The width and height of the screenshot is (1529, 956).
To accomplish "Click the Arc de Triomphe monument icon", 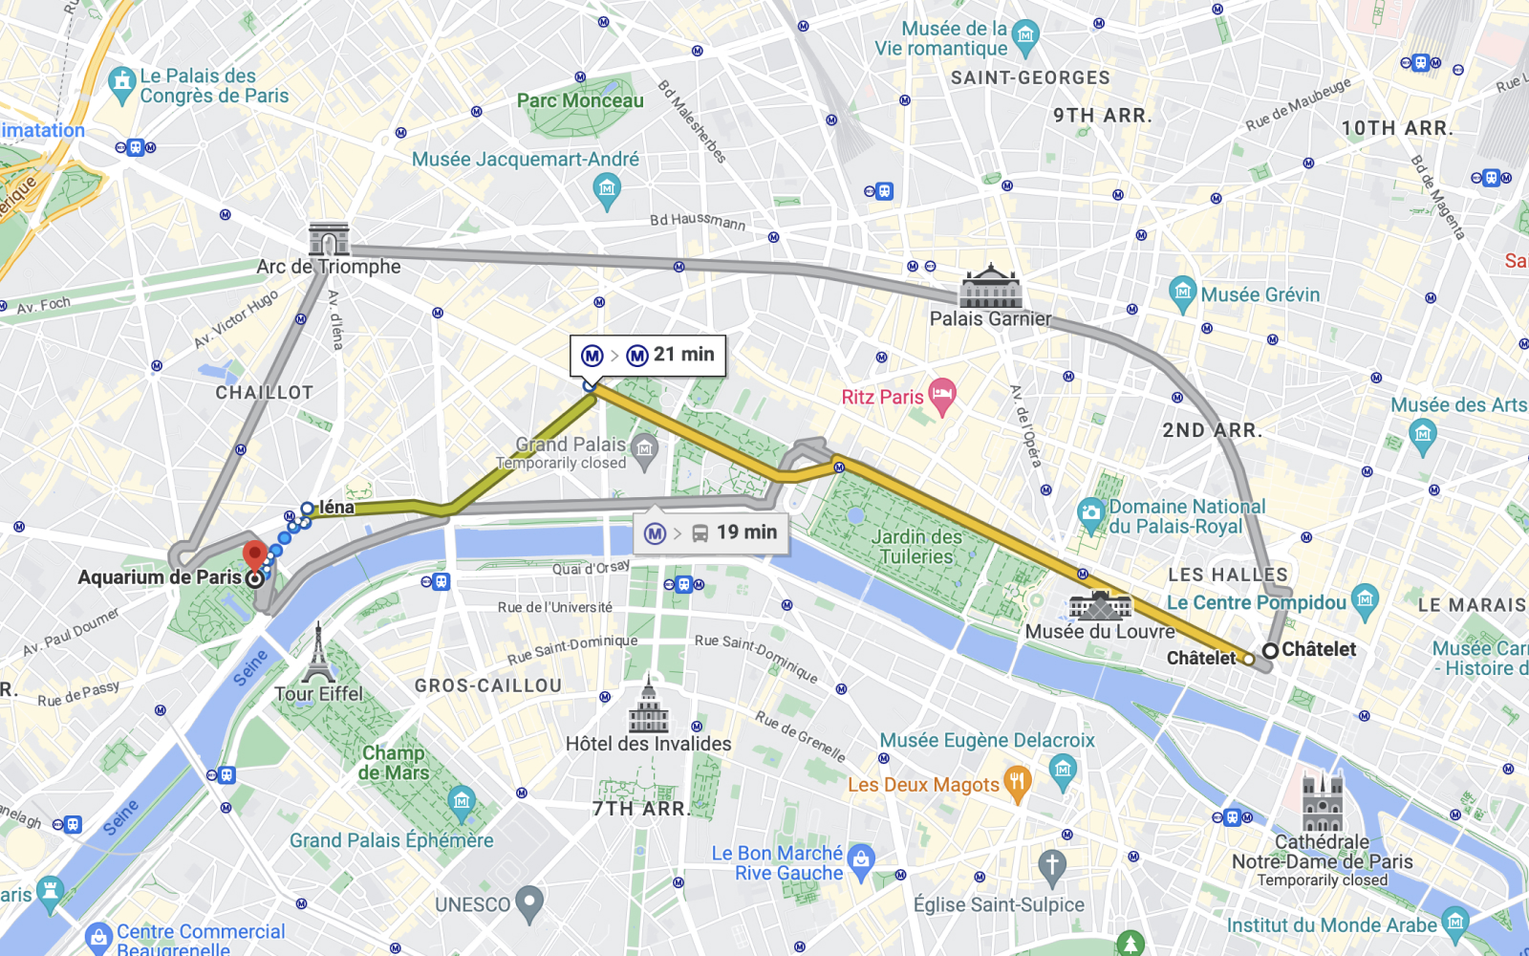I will (x=329, y=239).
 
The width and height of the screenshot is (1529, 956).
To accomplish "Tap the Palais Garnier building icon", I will (x=991, y=287).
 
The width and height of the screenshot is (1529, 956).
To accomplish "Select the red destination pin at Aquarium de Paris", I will (x=254, y=554).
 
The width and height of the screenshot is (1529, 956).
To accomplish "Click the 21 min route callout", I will (x=648, y=355).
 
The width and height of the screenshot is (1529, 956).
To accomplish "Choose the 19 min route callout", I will (x=711, y=532).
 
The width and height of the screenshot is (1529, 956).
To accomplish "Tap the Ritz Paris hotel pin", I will (x=942, y=396).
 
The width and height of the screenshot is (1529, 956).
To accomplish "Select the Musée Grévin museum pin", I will (x=1182, y=293).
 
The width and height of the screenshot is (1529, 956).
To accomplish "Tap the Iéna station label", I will (x=335, y=508).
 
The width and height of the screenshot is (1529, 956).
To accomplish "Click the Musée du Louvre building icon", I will (x=1100, y=605).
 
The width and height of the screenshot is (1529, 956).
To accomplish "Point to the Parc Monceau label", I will (x=580, y=100).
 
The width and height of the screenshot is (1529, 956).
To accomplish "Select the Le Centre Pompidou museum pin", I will (x=1366, y=600).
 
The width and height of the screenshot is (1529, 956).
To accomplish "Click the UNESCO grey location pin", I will (x=528, y=902).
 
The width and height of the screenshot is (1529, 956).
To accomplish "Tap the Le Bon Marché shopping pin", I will (x=861, y=861).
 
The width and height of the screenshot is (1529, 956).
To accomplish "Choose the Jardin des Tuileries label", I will (x=915, y=547).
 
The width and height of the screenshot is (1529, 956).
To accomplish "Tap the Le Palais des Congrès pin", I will (x=121, y=84).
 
